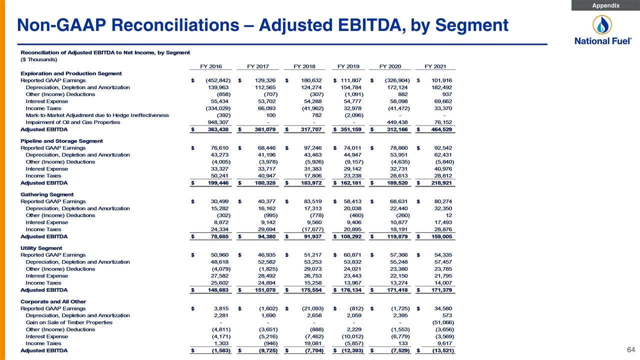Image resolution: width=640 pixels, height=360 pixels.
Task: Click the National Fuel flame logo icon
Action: click(602, 25)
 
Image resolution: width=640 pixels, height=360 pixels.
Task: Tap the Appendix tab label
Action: click(605, 5)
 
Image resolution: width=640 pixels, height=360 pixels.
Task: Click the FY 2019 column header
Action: click(348, 66)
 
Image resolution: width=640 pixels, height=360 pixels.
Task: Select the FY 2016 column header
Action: click(211, 66)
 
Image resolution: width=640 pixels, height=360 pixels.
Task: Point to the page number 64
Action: click(631, 349)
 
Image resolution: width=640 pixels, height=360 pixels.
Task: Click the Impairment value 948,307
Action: click(218, 122)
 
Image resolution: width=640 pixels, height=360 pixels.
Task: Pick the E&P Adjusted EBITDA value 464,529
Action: click(441, 129)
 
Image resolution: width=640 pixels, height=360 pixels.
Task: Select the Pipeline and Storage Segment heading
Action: click(61, 141)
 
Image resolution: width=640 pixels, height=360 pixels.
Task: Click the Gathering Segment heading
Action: click(47, 194)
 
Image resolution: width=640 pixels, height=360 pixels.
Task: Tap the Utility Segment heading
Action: click(41, 248)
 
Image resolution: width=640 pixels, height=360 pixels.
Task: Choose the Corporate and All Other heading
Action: click(53, 301)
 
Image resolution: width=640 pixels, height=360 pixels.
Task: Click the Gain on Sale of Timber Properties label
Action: click(69, 322)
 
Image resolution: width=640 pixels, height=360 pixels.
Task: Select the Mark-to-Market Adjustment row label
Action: click(97, 115)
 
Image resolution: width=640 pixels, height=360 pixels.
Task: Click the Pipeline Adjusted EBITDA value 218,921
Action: click(441, 183)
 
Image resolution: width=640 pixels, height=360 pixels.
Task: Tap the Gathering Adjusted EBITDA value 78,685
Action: click(219, 236)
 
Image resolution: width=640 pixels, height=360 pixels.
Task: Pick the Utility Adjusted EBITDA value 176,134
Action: click(351, 290)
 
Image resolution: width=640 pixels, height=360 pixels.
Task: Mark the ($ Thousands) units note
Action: click(39, 59)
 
